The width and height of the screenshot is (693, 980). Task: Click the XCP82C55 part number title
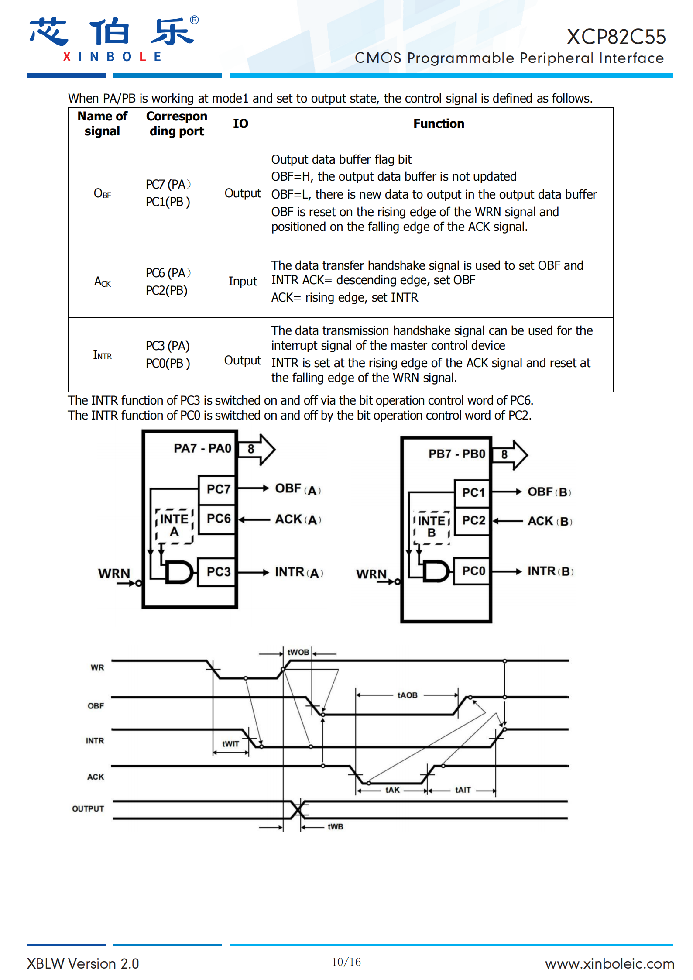point(616,37)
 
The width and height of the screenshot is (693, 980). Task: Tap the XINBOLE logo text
point(113,57)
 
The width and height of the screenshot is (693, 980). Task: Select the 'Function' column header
point(439,124)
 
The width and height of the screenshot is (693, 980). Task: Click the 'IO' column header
point(240,124)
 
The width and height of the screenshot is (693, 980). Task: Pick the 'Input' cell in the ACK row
point(243,282)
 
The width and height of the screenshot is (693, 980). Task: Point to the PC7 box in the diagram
point(218,489)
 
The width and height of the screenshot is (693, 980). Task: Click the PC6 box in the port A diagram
point(218,519)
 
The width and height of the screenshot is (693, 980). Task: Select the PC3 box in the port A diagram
point(218,572)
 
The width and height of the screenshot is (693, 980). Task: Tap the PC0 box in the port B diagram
point(473,571)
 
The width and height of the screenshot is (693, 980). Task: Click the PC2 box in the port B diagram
point(473,520)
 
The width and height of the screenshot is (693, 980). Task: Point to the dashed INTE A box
point(175,526)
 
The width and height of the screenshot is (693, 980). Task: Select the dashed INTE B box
point(432,527)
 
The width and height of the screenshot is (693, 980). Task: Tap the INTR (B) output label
point(550,571)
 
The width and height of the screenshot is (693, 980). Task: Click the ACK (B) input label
point(549,521)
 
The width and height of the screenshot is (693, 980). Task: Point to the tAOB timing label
point(407,695)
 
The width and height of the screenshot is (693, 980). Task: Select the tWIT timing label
point(230,744)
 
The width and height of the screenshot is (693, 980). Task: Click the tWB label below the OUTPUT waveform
point(335,826)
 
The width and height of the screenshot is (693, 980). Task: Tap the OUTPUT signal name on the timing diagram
point(88,808)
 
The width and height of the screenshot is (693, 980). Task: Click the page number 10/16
point(346,962)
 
